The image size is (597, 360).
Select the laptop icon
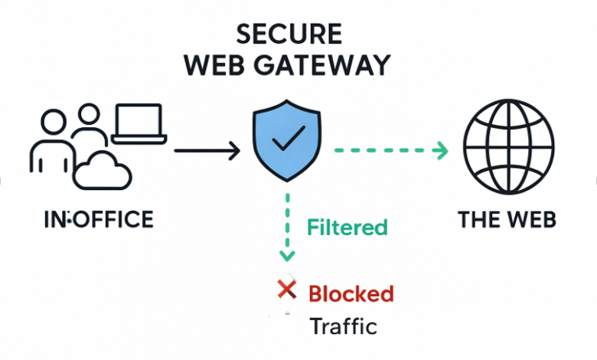(x=138, y=125)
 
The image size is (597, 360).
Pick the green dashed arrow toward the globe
(x=390, y=151)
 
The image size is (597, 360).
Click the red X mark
(x=286, y=290)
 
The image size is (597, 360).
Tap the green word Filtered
(x=347, y=227)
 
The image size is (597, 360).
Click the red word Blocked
(x=351, y=293)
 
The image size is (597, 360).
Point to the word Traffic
(x=344, y=326)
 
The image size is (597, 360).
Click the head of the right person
(x=90, y=116)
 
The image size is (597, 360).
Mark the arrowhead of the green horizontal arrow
(x=441, y=151)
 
